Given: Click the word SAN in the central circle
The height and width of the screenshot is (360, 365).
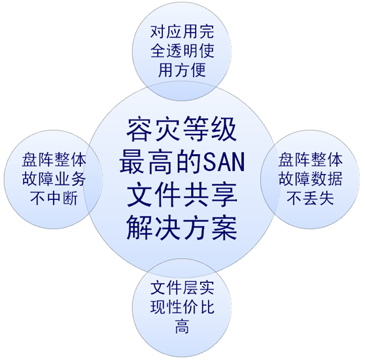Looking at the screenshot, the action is coord(224,162).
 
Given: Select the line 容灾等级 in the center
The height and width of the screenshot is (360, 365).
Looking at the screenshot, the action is coord(182,129).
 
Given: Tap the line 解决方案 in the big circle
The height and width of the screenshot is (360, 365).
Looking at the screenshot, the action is coord(182,227).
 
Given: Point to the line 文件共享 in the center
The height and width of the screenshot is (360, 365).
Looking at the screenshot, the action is coord(182,195).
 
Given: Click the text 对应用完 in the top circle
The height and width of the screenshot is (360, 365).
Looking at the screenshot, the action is coord(182,31).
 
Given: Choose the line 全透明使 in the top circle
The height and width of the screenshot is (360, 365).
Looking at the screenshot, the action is coord(182,51).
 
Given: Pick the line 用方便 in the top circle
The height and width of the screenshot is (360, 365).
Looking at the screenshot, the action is coord(182,70).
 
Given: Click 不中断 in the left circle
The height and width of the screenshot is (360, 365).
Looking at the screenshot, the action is coord(54,199).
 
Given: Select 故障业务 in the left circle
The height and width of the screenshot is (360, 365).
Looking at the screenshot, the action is coord(54,179).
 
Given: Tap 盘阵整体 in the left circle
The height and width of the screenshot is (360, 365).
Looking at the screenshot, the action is coord(54,160).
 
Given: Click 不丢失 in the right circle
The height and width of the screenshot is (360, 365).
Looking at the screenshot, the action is coord(311,199).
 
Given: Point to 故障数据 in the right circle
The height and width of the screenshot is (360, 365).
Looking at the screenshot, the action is coord(311,179).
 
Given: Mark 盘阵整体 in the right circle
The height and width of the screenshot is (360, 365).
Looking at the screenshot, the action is coord(311,160).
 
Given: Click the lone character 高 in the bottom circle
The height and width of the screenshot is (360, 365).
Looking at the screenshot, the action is coord(182,327).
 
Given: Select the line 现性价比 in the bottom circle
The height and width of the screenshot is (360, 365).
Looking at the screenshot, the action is coord(182,307).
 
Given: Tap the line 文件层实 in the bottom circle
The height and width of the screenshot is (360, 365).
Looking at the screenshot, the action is coord(182,288).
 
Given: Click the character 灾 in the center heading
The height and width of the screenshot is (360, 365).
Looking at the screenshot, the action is coord(167,129).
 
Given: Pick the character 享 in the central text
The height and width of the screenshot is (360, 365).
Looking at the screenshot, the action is coord(224,195).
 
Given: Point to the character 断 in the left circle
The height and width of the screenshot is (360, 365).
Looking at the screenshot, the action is coord(70,199).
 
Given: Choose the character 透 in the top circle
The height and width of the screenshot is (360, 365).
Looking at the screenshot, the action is coord(174,51).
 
